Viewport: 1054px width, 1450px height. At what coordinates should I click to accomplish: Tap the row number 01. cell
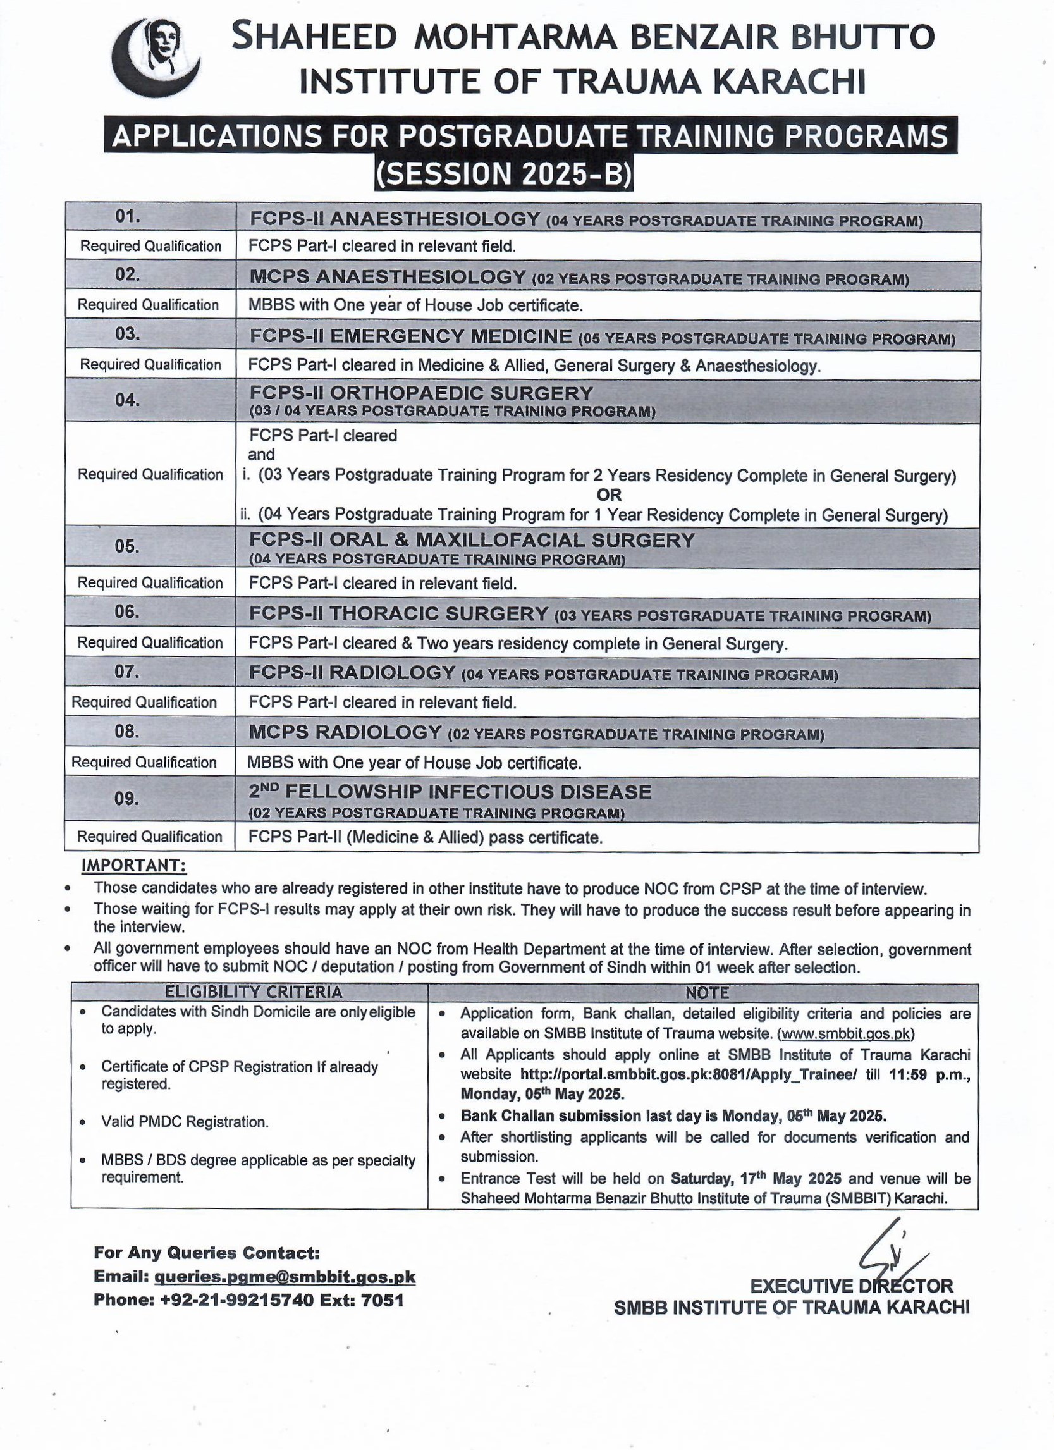[127, 217]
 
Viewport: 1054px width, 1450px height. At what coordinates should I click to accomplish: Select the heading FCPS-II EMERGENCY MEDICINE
[410, 336]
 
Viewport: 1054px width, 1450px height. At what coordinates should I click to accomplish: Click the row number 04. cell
[127, 400]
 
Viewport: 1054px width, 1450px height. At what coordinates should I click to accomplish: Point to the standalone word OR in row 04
[609, 495]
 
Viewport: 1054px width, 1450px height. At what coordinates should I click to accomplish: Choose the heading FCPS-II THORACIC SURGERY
[398, 614]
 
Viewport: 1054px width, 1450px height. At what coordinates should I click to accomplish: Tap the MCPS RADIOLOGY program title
[345, 733]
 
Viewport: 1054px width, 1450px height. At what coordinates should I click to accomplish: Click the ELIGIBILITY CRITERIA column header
[254, 992]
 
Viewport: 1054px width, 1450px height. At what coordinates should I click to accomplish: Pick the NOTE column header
[707, 993]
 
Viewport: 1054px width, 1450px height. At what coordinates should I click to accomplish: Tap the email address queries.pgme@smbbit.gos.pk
[285, 1277]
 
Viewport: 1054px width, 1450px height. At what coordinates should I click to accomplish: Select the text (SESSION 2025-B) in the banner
[504, 175]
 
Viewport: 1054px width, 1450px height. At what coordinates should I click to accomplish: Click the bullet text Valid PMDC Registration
[185, 1122]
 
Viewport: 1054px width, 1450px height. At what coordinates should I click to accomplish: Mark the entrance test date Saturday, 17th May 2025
[756, 1178]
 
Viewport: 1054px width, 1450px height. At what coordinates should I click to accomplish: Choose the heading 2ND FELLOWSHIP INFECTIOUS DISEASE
[450, 792]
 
